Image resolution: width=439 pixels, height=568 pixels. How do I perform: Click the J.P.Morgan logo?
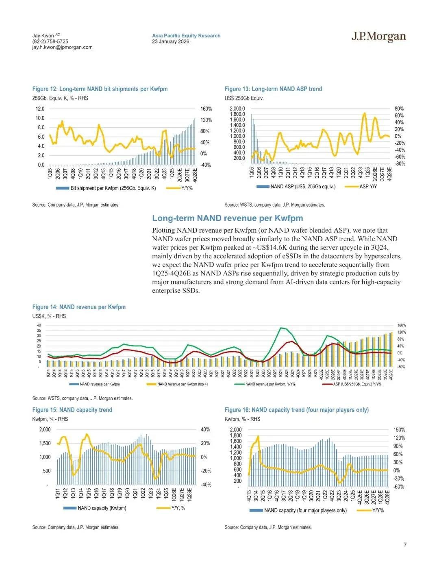point(378,37)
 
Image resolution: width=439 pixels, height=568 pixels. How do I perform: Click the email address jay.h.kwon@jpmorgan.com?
point(62,47)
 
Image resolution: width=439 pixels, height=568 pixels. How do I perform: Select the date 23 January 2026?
point(170,41)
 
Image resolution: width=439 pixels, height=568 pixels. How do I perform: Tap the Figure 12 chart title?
point(100,89)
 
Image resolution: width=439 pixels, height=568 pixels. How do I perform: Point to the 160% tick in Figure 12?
point(206,109)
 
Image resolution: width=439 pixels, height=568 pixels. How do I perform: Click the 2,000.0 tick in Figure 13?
point(237,109)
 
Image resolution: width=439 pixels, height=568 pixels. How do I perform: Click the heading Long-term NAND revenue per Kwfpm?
point(227,218)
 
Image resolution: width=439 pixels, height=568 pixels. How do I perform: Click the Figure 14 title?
point(79,307)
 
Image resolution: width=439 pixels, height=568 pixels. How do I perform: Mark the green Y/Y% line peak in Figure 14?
point(280,328)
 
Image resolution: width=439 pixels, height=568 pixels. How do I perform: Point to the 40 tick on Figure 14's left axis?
point(39,325)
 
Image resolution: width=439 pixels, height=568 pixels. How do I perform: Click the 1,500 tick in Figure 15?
point(45,444)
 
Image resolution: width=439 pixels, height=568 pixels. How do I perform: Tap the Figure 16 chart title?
point(296,410)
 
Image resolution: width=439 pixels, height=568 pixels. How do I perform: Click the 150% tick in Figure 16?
point(399,430)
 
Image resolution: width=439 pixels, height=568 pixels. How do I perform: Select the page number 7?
point(405,545)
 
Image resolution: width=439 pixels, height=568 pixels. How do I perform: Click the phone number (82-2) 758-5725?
point(50,41)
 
